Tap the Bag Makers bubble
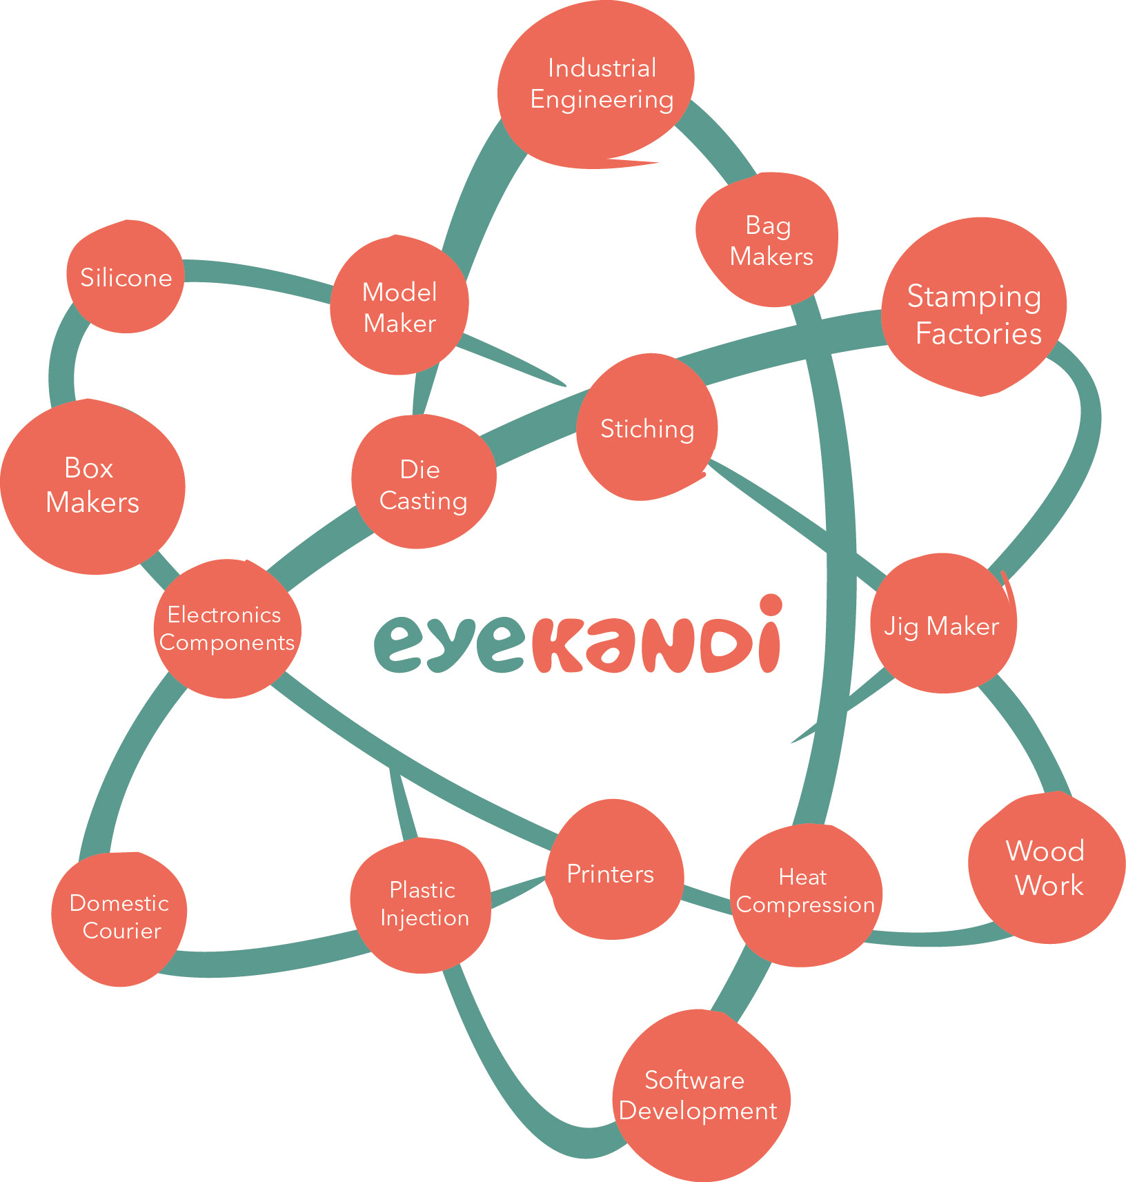[768, 240]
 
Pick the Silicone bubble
[126, 277]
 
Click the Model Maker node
[399, 307]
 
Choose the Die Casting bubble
[423, 484]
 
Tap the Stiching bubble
[646, 428]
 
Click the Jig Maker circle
[942, 625]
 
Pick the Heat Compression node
[805, 892]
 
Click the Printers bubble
[611, 873]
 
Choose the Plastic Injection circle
[422, 905]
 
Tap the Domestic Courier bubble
[120, 916]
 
